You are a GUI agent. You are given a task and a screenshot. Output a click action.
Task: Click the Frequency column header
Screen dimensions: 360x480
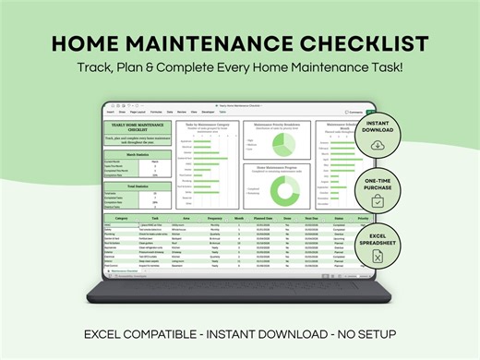point(214,218)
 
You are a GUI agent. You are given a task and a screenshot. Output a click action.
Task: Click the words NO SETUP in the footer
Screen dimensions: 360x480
point(367,331)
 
